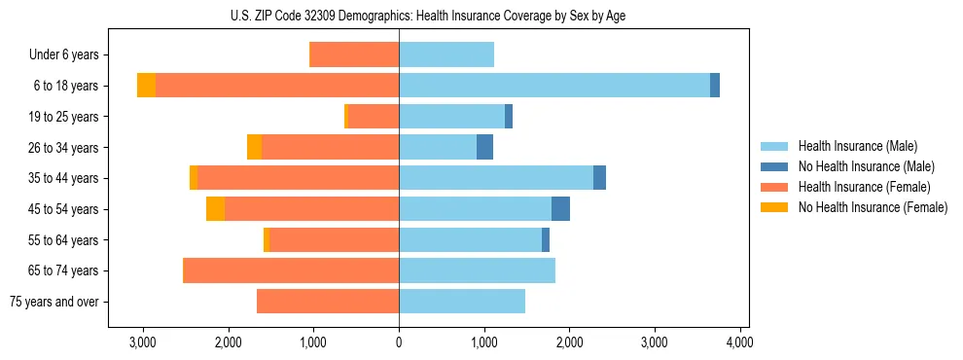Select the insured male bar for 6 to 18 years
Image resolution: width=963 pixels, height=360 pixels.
point(554,86)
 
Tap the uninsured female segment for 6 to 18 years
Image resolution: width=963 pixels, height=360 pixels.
point(146,86)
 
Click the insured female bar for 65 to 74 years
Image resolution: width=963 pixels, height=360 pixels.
point(291,270)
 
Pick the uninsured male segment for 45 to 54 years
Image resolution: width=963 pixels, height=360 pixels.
point(560,209)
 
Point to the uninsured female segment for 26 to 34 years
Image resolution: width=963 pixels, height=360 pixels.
point(254,147)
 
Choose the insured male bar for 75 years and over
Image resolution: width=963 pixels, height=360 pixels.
point(462,302)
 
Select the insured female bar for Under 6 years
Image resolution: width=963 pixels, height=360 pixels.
point(354,54)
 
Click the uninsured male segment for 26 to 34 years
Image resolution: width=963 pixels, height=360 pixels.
point(484,147)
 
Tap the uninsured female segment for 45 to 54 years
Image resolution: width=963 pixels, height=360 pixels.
point(215,209)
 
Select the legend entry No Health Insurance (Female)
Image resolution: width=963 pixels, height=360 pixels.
point(873,207)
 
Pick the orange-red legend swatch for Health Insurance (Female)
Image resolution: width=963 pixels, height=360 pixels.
point(775,187)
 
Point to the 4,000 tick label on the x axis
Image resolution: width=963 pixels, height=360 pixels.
point(739,342)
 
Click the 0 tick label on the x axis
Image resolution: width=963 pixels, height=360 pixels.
point(399,342)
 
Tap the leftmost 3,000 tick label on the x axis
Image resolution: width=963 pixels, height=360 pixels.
point(143,342)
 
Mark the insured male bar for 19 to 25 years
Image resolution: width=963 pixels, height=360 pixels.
point(452,117)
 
